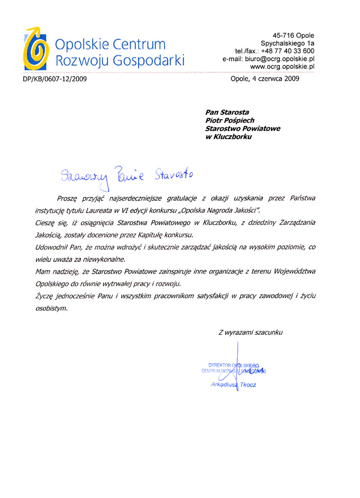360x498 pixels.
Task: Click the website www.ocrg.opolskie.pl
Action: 282,67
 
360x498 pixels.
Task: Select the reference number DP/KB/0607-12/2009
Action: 55,79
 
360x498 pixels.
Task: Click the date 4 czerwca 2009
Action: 279,79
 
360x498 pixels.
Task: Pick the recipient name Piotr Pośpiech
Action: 230,120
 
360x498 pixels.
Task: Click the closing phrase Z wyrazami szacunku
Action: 250,333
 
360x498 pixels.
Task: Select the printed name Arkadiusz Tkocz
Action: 233,384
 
